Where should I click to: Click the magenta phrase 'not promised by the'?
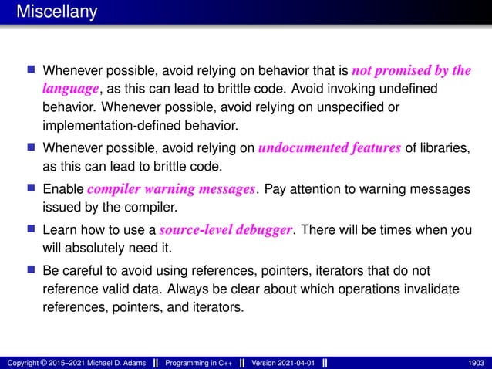tap(410, 71)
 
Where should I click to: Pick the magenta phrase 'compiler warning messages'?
tap(171, 189)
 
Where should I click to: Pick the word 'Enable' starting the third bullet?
tap(64, 189)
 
